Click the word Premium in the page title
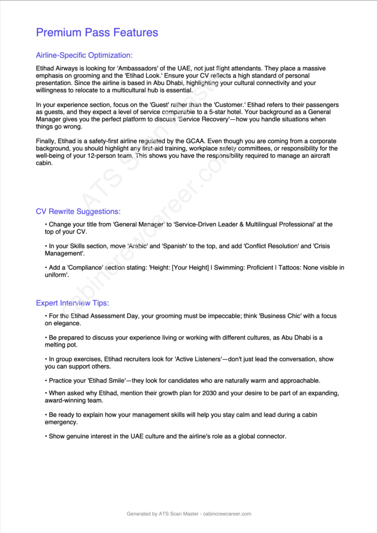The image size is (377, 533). point(58,32)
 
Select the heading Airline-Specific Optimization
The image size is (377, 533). point(84,55)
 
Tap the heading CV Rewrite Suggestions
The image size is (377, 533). point(78,211)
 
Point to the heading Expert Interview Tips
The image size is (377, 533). point(72,303)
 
